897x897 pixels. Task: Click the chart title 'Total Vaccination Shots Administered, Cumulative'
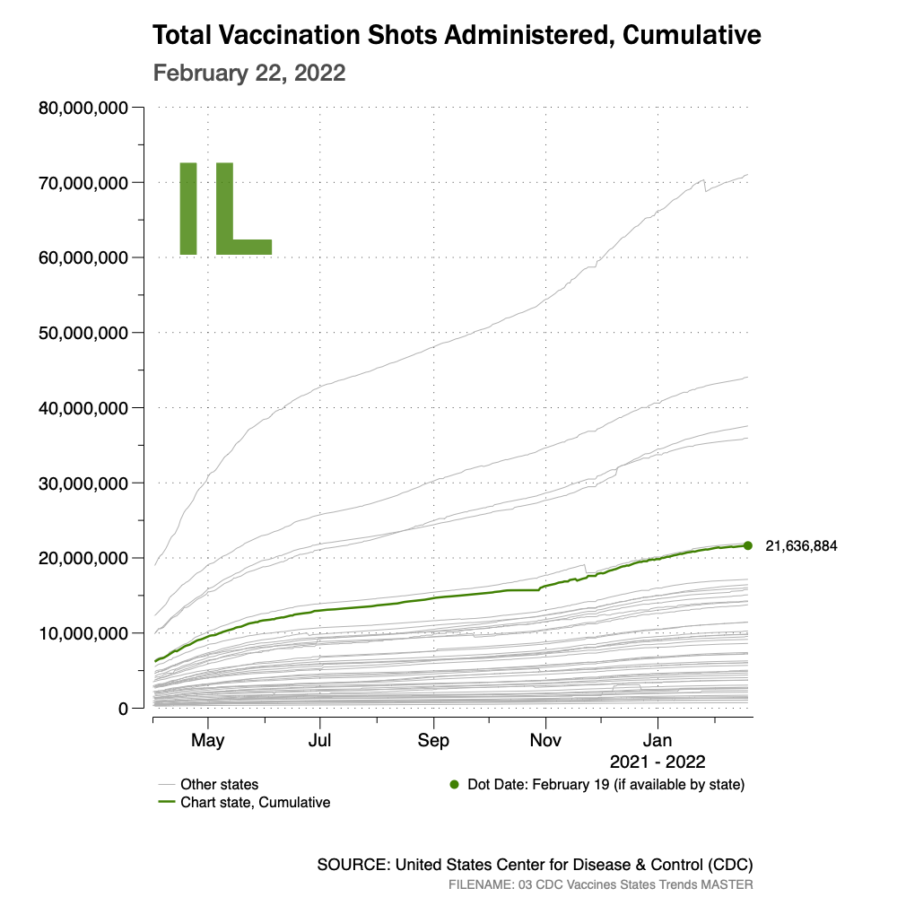[x=457, y=35]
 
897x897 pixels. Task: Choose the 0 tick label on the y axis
[x=123, y=709]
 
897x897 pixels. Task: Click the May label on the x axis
[x=208, y=741]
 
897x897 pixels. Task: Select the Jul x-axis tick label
[x=320, y=741]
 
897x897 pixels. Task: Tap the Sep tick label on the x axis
[x=433, y=741]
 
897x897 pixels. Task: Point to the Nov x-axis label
[x=545, y=741]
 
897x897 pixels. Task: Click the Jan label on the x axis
[x=658, y=741]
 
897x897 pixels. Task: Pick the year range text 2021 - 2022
[x=658, y=762]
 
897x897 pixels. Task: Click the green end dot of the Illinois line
[x=748, y=545]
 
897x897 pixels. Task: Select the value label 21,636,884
[x=801, y=545]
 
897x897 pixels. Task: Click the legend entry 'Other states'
[x=219, y=784]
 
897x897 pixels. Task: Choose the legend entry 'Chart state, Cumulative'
[x=255, y=802]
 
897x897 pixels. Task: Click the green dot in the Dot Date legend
[x=455, y=784]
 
